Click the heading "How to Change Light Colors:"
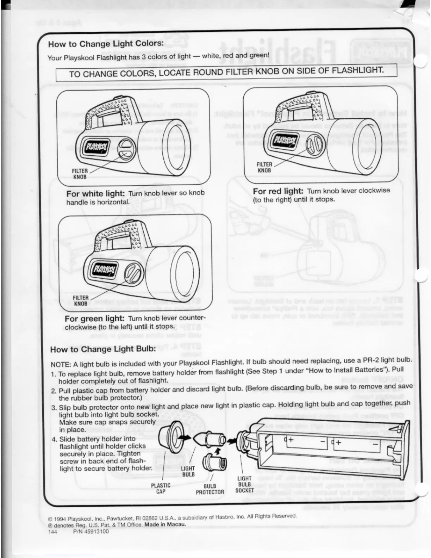click(x=106, y=44)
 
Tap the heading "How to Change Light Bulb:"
click(x=103, y=349)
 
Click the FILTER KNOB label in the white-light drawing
click(x=80, y=174)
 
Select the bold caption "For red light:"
click(x=278, y=191)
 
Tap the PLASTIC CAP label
click(x=161, y=488)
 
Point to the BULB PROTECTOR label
click(x=210, y=489)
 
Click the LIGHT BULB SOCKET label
click(x=244, y=484)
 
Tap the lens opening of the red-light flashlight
click(x=366, y=144)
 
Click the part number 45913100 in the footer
click(x=91, y=532)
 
